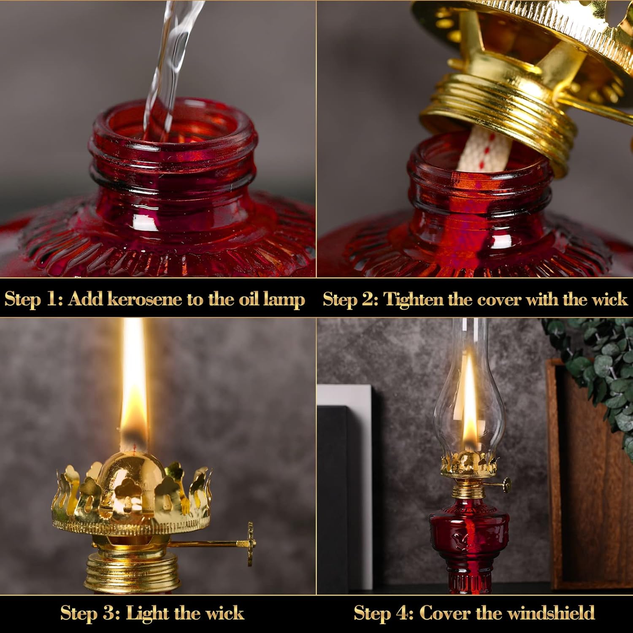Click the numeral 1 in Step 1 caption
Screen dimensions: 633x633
point(51,299)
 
